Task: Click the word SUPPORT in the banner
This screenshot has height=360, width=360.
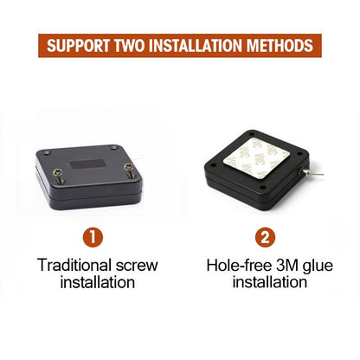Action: [78, 46]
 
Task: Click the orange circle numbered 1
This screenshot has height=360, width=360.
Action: [93, 237]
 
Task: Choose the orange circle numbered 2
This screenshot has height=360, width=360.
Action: [265, 237]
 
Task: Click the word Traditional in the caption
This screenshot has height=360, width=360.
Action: [74, 265]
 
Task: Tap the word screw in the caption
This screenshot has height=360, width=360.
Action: [137, 266]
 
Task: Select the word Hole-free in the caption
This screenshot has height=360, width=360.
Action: [239, 265]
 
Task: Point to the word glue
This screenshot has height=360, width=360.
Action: [318, 266]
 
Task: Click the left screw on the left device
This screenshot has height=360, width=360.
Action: [59, 177]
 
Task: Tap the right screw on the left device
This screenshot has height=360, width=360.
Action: [129, 170]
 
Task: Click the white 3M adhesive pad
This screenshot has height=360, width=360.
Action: [256, 157]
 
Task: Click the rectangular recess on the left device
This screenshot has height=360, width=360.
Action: [87, 164]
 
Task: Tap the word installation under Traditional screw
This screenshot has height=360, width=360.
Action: [98, 282]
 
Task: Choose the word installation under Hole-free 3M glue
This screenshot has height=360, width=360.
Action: [270, 282]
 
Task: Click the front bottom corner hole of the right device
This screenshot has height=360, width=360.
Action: [263, 188]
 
